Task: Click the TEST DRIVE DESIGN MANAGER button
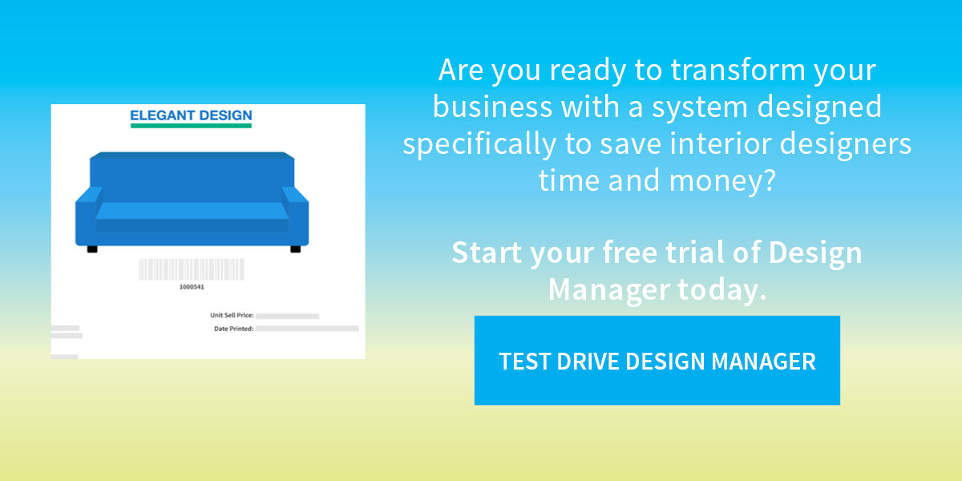[657, 360]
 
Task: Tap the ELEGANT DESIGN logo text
[191, 115]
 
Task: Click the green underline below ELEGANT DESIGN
[191, 126]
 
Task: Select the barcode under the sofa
[192, 269]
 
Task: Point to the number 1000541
[192, 287]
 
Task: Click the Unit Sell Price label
[232, 315]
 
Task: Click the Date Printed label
[234, 329]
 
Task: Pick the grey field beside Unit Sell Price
[287, 316]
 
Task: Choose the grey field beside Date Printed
[307, 329]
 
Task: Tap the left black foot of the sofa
[92, 249]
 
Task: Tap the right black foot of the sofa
[296, 249]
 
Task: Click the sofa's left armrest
[87, 217]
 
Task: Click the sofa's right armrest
[297, 217]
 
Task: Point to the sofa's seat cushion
[192, 211]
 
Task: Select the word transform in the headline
[738, 70]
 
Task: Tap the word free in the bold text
[630, 252]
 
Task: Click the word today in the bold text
[722, 289]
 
